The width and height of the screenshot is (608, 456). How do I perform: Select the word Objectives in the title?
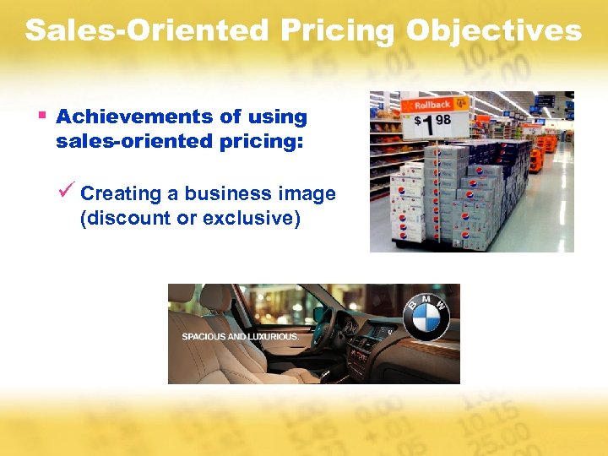[494, 31]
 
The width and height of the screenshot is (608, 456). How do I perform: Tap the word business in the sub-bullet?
[222, 194]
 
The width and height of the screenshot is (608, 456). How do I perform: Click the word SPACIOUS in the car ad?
[202, 336]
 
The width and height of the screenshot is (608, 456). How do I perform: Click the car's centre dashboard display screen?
[384, 332]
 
